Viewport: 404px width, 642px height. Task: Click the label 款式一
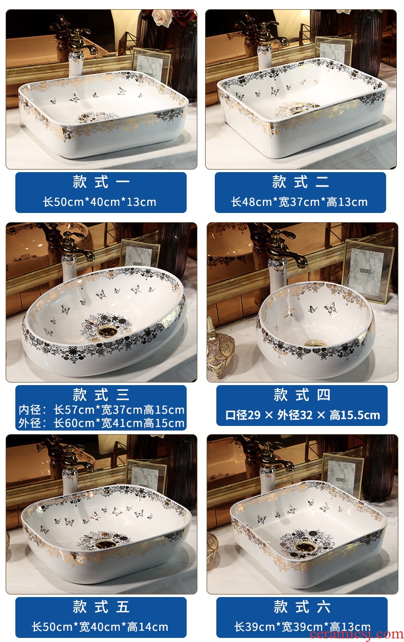101,182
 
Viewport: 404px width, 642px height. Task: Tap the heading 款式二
300,182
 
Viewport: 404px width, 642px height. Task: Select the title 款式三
101,394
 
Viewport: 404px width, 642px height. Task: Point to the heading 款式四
302,395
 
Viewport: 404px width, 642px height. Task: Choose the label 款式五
101,607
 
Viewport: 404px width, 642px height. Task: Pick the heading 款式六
302,607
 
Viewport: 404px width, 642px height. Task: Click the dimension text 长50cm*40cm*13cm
100,202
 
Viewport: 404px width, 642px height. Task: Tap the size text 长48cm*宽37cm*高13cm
299,202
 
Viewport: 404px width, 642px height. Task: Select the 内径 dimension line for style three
101,410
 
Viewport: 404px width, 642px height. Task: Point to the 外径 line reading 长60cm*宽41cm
101,423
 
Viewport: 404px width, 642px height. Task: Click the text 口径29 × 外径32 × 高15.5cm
302,415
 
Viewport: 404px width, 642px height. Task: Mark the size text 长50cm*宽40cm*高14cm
100,627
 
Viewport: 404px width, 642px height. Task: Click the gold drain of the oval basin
107,331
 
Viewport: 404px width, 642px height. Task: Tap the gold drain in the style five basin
106,544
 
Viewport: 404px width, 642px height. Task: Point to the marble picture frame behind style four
367,271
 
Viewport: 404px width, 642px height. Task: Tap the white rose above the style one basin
162,18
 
